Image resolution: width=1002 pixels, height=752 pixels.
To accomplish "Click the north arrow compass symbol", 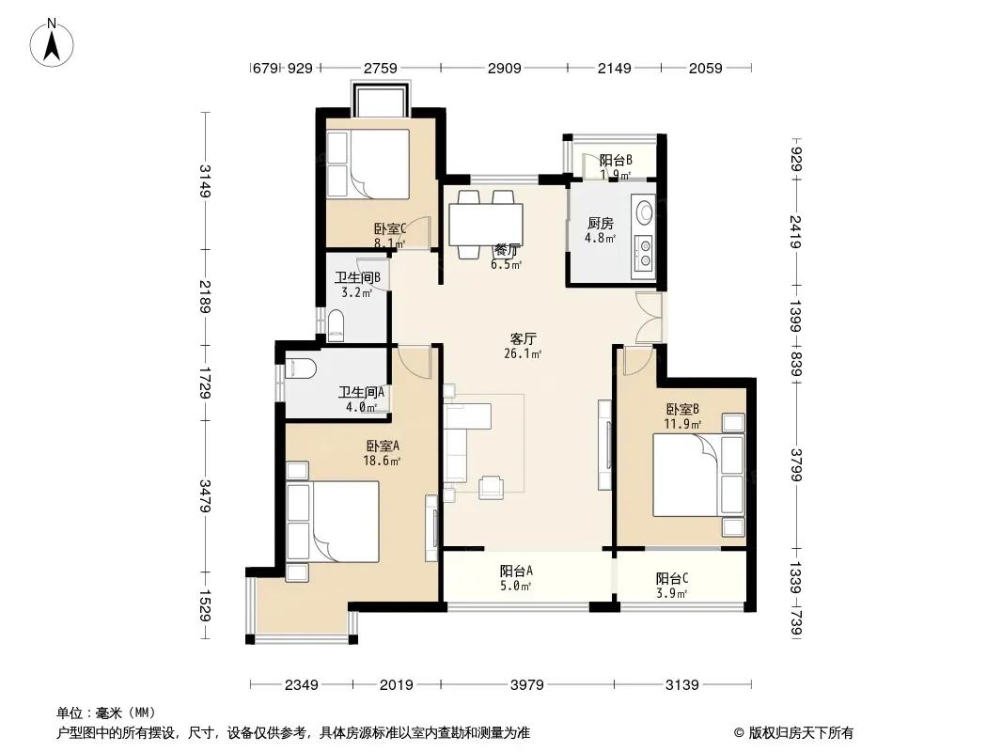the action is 52,43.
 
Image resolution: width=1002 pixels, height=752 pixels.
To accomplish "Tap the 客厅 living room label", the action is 522,338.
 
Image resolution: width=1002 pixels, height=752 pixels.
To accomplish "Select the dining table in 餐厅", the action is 486,225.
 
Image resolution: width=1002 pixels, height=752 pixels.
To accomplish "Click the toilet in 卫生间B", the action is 336,325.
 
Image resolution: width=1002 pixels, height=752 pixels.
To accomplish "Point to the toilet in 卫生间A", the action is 301,368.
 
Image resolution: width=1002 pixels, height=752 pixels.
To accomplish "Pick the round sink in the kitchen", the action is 643,211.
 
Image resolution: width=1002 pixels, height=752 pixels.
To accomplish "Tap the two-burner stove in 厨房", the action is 644,252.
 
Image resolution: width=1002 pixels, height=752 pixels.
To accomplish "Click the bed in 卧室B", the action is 698,475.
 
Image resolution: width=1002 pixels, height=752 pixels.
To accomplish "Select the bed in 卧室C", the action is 368,164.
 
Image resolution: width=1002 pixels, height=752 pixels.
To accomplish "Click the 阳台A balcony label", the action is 516,571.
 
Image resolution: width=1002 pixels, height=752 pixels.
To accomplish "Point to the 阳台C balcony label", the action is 672,579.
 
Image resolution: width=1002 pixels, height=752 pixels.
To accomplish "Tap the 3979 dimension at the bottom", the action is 527,685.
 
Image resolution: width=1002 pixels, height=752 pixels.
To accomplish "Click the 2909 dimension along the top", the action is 504,68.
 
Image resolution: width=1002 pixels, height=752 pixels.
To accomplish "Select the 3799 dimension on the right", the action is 795,465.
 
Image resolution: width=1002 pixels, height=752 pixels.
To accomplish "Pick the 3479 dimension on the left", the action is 205,495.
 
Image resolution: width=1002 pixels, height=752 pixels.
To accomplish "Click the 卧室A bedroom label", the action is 383,446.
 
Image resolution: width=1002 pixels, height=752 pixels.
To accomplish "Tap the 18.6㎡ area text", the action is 382,461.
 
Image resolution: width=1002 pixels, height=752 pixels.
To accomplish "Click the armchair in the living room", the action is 492,486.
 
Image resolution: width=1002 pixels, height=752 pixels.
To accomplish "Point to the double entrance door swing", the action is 649,318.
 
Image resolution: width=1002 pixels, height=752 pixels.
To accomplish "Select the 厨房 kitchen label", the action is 600,224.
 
